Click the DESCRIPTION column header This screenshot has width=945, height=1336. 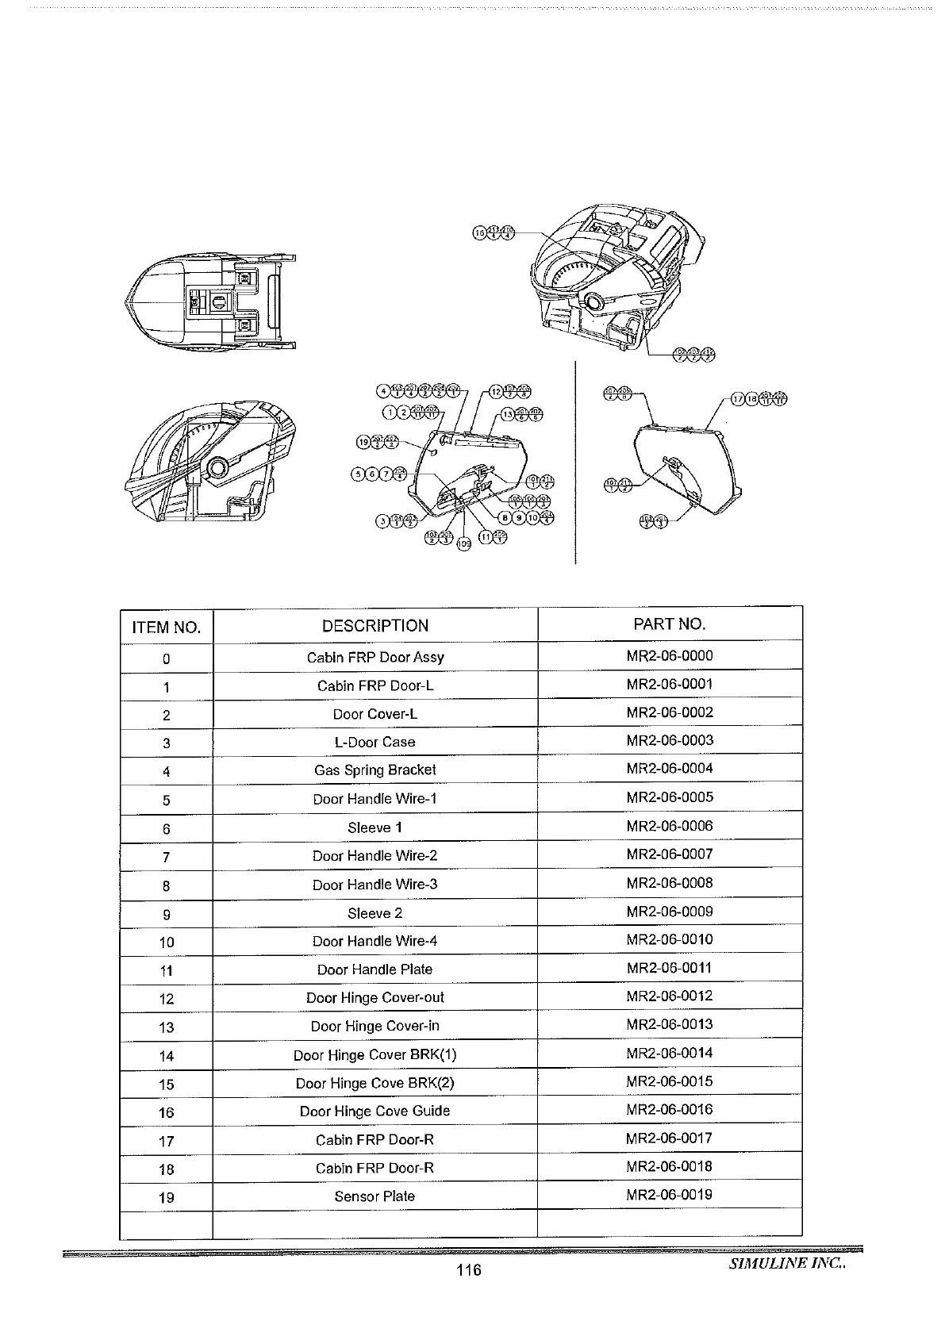(375, 625)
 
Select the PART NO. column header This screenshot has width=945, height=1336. (669, 624)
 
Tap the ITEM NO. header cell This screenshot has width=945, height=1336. (166, 628)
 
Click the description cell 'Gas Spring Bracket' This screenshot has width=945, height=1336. (375, 770)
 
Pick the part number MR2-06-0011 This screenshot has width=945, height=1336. (669, 968)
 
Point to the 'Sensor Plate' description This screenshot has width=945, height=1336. (375, 1196)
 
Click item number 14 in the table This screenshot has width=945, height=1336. (166, 1056)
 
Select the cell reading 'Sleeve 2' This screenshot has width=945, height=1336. (375, 913)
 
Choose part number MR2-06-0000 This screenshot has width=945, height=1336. (669, 656)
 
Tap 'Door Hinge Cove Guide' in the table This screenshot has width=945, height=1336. (375, 1111)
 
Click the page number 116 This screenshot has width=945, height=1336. (469, 1270)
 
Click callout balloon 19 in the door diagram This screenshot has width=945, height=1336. (363, 442)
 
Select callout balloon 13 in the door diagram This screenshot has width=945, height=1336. (509, 413)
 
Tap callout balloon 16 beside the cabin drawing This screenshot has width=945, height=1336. (478, 232)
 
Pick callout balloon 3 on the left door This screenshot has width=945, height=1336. (383, 520)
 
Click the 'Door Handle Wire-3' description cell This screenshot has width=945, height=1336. (375, 884)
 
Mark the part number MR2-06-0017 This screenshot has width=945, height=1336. (669, 1138)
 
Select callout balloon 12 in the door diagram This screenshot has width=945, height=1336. (496, 391)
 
